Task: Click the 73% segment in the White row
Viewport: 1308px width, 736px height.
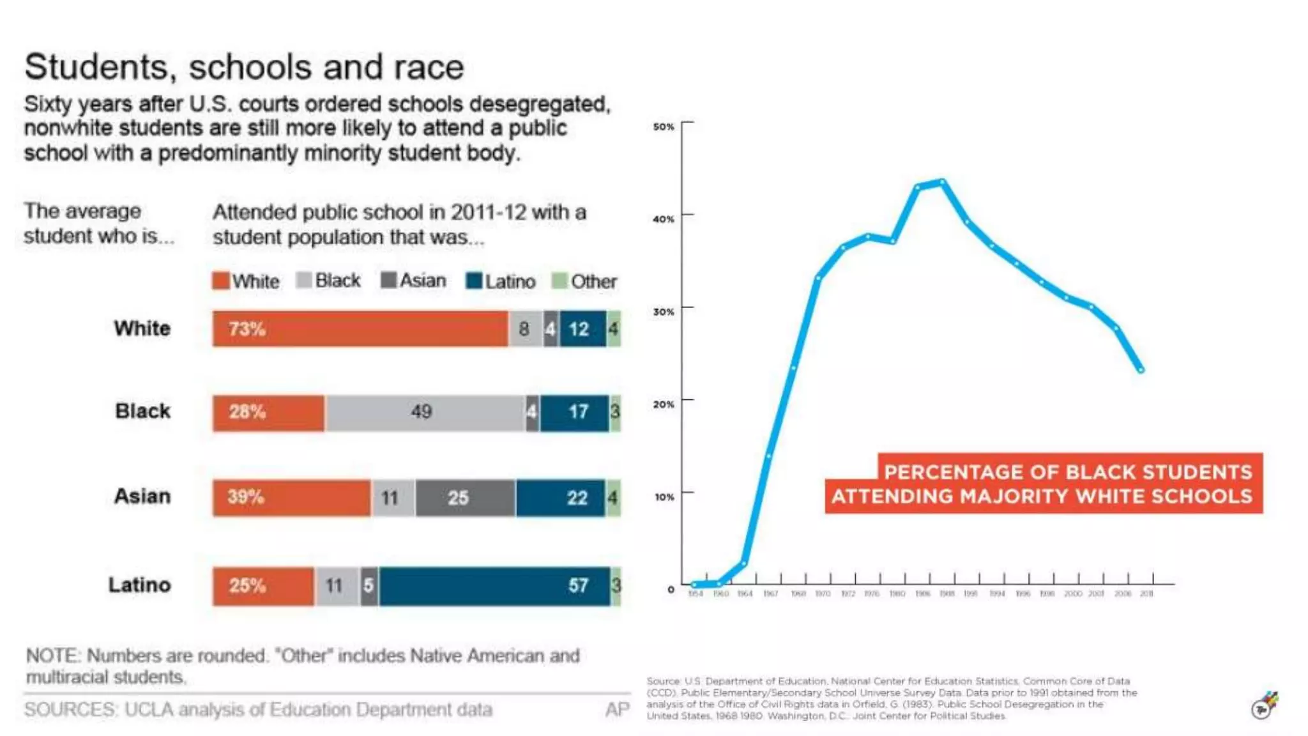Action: (x=360, y=329)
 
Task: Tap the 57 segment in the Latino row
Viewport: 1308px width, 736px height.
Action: (x=495, y=586)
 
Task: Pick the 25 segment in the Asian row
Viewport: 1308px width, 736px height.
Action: (x=464, y=498)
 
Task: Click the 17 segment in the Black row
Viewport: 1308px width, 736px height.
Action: (x=574, y=412)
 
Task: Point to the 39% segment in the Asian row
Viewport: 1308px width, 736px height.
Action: (x=291, y=498)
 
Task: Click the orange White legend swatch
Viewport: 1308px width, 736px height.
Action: (x=220, y=280)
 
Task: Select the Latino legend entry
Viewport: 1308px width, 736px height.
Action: (x=501, y=281)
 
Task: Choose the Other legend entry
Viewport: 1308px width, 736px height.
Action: (x=585, y=281)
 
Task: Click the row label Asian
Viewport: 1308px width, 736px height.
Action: (x=142, y=496)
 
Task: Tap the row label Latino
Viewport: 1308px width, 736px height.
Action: (x=140, y=585)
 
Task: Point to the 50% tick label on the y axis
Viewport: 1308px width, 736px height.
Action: (x=663, y=126)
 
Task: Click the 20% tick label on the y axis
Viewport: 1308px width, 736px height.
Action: (x=663, y=404)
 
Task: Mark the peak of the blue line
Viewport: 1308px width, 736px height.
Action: (x=942, y=182)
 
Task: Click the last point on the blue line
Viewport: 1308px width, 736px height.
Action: (x=1141, y=370)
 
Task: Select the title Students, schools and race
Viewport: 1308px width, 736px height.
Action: (x=244, y=67)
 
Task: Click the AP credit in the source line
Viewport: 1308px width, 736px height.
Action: (x=617, y=709)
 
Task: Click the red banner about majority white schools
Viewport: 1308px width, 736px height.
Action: (x=1043, y=484)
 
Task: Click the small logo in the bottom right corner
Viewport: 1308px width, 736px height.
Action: (x=1264, y=706)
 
